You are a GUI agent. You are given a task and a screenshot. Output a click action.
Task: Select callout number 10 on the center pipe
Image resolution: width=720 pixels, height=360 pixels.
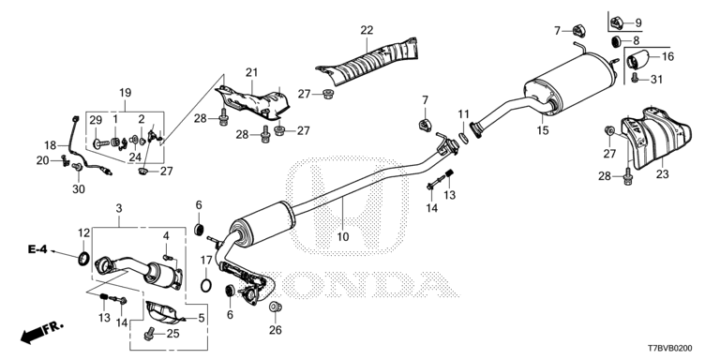343,237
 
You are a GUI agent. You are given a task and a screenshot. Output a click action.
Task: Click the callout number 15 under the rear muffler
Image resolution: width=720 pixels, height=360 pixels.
542,131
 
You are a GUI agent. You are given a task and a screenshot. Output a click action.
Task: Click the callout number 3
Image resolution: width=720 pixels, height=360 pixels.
119,207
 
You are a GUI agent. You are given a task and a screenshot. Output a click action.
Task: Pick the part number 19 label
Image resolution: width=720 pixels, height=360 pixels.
125,91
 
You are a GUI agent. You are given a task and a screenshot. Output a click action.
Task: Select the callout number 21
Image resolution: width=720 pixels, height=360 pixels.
251,72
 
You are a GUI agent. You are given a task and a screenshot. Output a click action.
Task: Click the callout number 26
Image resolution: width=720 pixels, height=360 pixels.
275,329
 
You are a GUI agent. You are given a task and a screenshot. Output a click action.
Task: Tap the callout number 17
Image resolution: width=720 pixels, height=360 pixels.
206,260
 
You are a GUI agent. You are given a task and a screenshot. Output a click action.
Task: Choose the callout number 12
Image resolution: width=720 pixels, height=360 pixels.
83,232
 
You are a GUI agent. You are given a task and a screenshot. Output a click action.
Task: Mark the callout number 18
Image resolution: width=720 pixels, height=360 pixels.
51,145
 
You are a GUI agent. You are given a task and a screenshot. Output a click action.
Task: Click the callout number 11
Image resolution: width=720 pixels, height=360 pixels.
463,114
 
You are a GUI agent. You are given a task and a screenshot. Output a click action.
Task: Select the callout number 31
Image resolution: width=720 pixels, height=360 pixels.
656,78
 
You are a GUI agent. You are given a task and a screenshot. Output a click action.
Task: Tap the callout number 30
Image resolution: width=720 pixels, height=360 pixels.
79,189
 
